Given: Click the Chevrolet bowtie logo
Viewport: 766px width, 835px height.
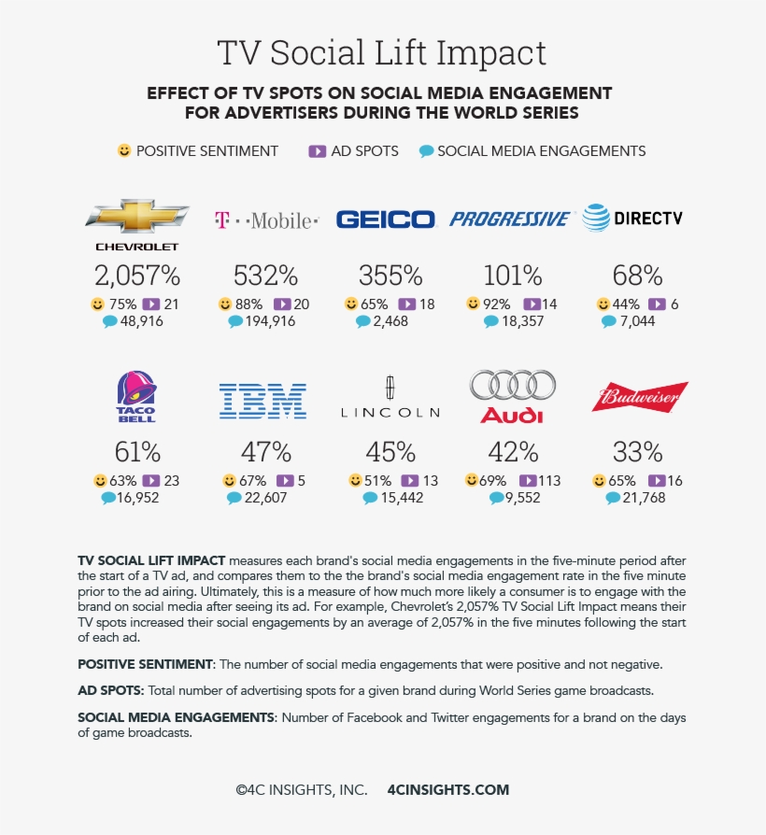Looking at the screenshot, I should point(136,217).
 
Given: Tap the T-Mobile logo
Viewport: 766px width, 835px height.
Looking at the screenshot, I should point(266,220).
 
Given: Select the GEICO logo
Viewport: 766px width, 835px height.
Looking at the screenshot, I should point(386,219).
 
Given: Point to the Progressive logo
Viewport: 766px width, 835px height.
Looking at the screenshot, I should point(509,219).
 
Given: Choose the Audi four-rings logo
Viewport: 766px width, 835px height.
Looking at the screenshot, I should point(512,385).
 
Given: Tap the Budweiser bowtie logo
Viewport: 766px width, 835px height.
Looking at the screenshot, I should point(640,397).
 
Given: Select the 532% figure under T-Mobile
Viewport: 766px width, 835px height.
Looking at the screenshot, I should point(266,276).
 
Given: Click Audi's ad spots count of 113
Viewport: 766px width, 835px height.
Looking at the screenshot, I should point(549,481).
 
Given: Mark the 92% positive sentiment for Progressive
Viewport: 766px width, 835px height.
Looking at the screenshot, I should point(497,304).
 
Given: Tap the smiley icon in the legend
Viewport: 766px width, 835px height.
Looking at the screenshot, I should point(124,150).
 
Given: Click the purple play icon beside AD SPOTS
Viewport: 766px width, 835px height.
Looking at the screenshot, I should point(318,150).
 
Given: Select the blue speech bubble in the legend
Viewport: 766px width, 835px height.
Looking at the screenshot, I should point(427,150).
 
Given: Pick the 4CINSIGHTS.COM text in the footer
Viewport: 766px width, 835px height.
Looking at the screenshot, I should point(448,789).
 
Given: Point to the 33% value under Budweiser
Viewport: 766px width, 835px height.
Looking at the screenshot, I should point(638,452).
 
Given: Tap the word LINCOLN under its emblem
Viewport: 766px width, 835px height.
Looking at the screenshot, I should point(390,412).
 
